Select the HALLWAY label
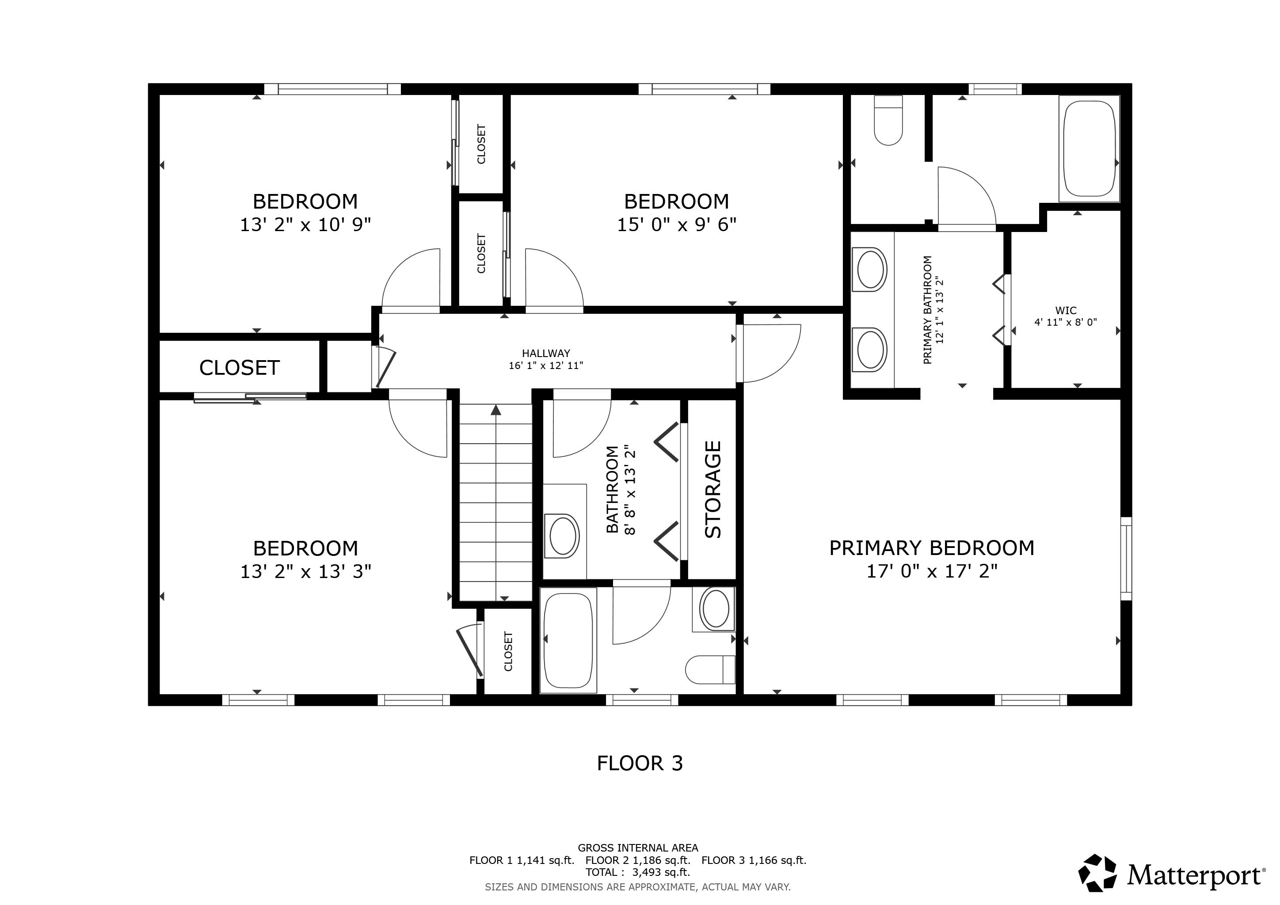pyautogui.click(x=546, y=354)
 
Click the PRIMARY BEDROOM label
pyautogui.click(x=932, y=548)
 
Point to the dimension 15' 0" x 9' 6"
pyautogui.click(x=676, y=224)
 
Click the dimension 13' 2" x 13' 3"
pyautogui.click(x=305, y=572)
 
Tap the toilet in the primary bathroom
pyautogui.click(x=888, y=122)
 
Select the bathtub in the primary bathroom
pyautogui.click(x=1090, y=149)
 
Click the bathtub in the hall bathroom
pyautogui.click(x=568, y=640)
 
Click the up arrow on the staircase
pyautogui.click(x=495, y=411)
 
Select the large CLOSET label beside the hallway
pyautogui.click(x=239, y=368)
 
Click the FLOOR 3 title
pyautogui.click(x=640, y=764)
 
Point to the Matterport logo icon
pyautogui.click(x=1097, y=873)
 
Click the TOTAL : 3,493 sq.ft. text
pyautogui.click(x=637, y=872)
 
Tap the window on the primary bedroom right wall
pyautogui.click(x=1126, y=559)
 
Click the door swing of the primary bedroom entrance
pyautogui.click(x=772, y=353)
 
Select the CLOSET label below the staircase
pyautogui.click(x=508, y=651)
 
